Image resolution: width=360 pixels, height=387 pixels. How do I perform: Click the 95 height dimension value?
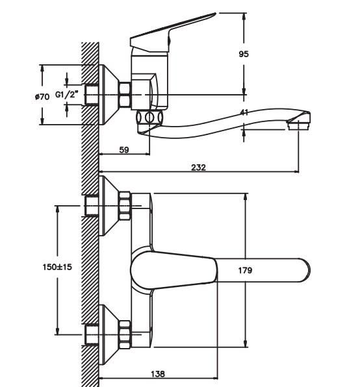click(244, 54)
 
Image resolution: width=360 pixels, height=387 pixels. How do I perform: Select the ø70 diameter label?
click(42, 97)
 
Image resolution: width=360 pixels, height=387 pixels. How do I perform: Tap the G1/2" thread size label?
click(67, 94)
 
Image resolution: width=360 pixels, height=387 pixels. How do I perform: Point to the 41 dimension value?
click(244, 112)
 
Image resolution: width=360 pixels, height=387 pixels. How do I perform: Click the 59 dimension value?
click(124, 149)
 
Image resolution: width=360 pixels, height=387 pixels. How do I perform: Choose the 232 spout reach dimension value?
click(198, 168)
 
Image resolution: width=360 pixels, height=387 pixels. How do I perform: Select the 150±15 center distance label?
click(57, 267)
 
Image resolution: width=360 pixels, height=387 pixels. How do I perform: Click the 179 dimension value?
click(245, 270)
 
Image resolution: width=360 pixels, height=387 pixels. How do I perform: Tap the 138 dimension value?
click(158, 374)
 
